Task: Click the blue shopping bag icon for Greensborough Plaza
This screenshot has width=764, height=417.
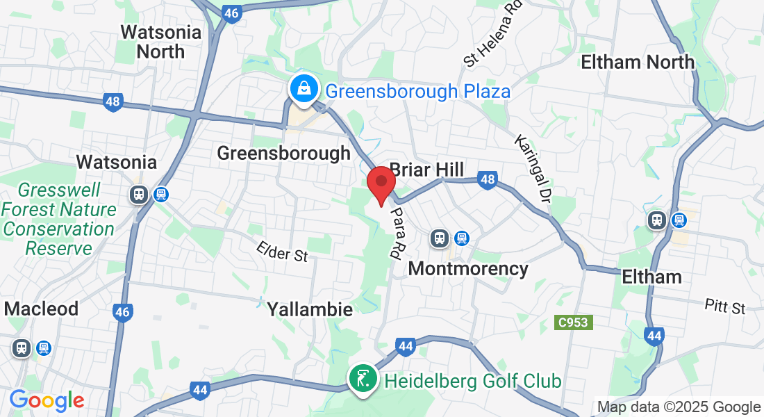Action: [x=304, y=89]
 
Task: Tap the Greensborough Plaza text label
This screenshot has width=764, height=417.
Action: [x=417, y=91]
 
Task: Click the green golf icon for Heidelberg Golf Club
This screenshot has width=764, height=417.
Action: [x=362, y=379]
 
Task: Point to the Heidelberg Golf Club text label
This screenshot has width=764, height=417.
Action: [x=472, y=381]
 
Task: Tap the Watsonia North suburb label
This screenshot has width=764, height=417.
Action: [x=160, y=42]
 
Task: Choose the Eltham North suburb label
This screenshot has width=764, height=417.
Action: [x=637, y=62]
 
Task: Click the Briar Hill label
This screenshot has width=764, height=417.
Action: [x=426, y=170]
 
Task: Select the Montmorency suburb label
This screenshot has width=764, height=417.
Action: [x=468, y=268]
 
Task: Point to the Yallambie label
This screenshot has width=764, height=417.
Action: [x=310, y=309]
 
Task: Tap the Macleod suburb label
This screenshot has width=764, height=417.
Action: [x=41, y=309]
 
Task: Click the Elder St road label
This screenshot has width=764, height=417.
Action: [x=281, y=252]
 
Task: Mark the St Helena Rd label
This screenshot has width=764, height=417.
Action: [x=493, y=33]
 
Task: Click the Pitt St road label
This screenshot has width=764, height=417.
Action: [x=724, y=306]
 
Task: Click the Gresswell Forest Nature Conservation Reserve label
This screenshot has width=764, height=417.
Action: [x=58, y=219]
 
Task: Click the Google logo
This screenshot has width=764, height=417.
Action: [x=47, y=400]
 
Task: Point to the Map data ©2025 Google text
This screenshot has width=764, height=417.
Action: [x=679, y=407]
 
